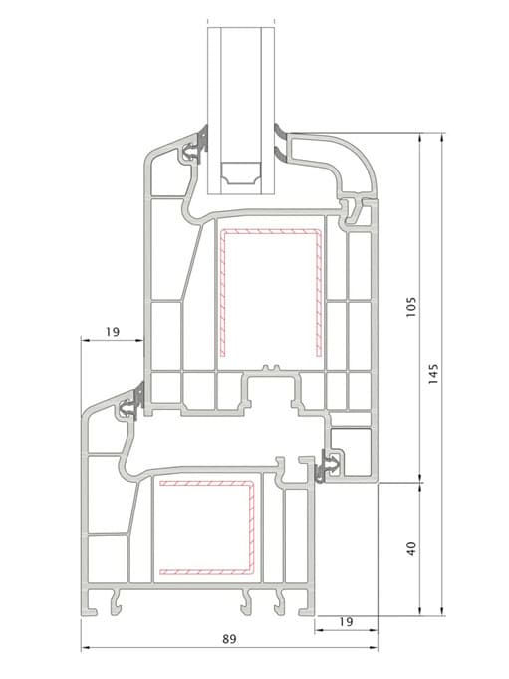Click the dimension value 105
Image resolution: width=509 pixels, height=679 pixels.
(411, 306)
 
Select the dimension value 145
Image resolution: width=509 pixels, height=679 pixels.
(433, 373)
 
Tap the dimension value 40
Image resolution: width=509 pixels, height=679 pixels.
(411, 548)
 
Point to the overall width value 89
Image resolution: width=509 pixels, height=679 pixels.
(230, 639)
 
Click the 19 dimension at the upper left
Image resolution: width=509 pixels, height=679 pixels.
(112, 332)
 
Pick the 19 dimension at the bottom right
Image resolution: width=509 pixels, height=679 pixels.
(346, 622)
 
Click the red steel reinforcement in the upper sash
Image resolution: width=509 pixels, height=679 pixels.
(271, 292)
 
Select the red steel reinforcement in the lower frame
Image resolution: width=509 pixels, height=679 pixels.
(207, 527)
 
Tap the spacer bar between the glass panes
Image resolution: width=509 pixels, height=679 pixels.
(240, 172)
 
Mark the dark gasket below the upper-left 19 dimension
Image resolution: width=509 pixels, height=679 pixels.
(139, 395)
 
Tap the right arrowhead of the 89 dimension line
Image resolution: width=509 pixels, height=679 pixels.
(374, 648)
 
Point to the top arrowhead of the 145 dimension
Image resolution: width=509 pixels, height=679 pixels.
(442, 137)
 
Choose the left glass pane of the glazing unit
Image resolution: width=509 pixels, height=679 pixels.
(214, 111)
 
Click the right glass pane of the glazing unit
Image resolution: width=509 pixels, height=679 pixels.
(268, 111)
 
